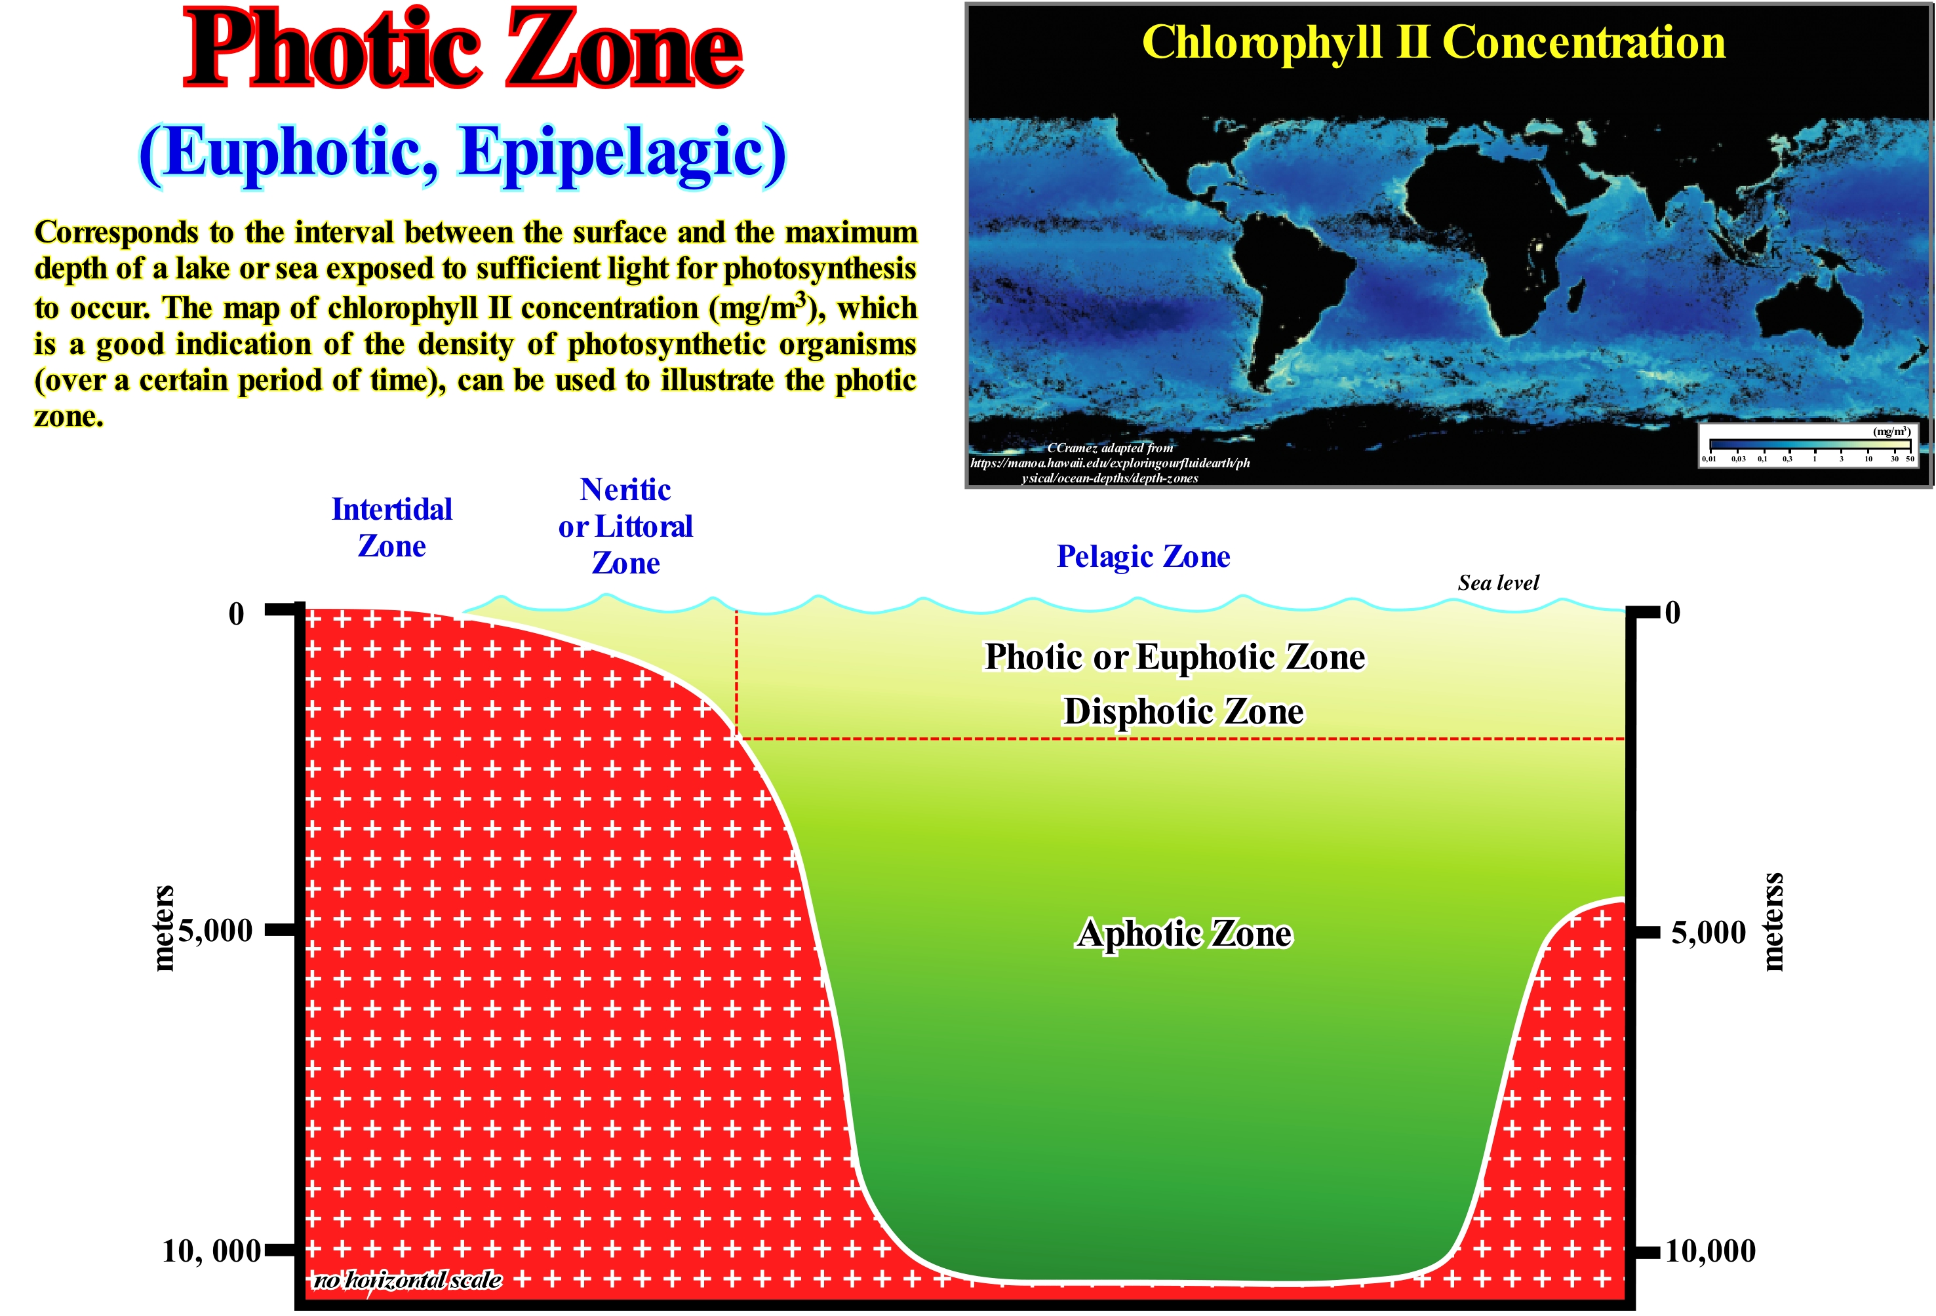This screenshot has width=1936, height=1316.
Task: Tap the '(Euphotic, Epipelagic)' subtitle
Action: tap(462, 155)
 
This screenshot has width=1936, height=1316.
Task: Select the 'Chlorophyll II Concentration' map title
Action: tap(1433, 43)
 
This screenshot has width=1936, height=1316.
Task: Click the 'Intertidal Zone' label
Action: tap(391, 527)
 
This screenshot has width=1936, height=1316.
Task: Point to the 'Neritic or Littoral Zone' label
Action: tap(625, 526)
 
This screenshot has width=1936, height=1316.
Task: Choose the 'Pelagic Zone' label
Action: tap(1143, 556)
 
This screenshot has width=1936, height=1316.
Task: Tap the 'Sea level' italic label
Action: tap(1498, 583)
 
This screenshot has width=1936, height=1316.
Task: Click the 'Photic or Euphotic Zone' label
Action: tap(1175, 657)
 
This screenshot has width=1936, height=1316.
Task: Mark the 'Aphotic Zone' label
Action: tap(1185, 934)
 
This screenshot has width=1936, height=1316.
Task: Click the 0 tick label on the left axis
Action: tap(237, 615)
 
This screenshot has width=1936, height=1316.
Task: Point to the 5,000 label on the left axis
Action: tap(215, 931)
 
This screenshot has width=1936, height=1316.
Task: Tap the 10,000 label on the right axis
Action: tap(1710, 1250)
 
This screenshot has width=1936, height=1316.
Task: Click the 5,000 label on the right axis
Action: tap(1709, 932)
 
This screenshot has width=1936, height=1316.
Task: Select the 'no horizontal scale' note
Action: tap(407, 1280)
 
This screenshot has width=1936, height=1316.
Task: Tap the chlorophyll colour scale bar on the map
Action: tap(1809, 443)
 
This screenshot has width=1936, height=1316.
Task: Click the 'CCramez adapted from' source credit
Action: tap(1110, 448)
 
